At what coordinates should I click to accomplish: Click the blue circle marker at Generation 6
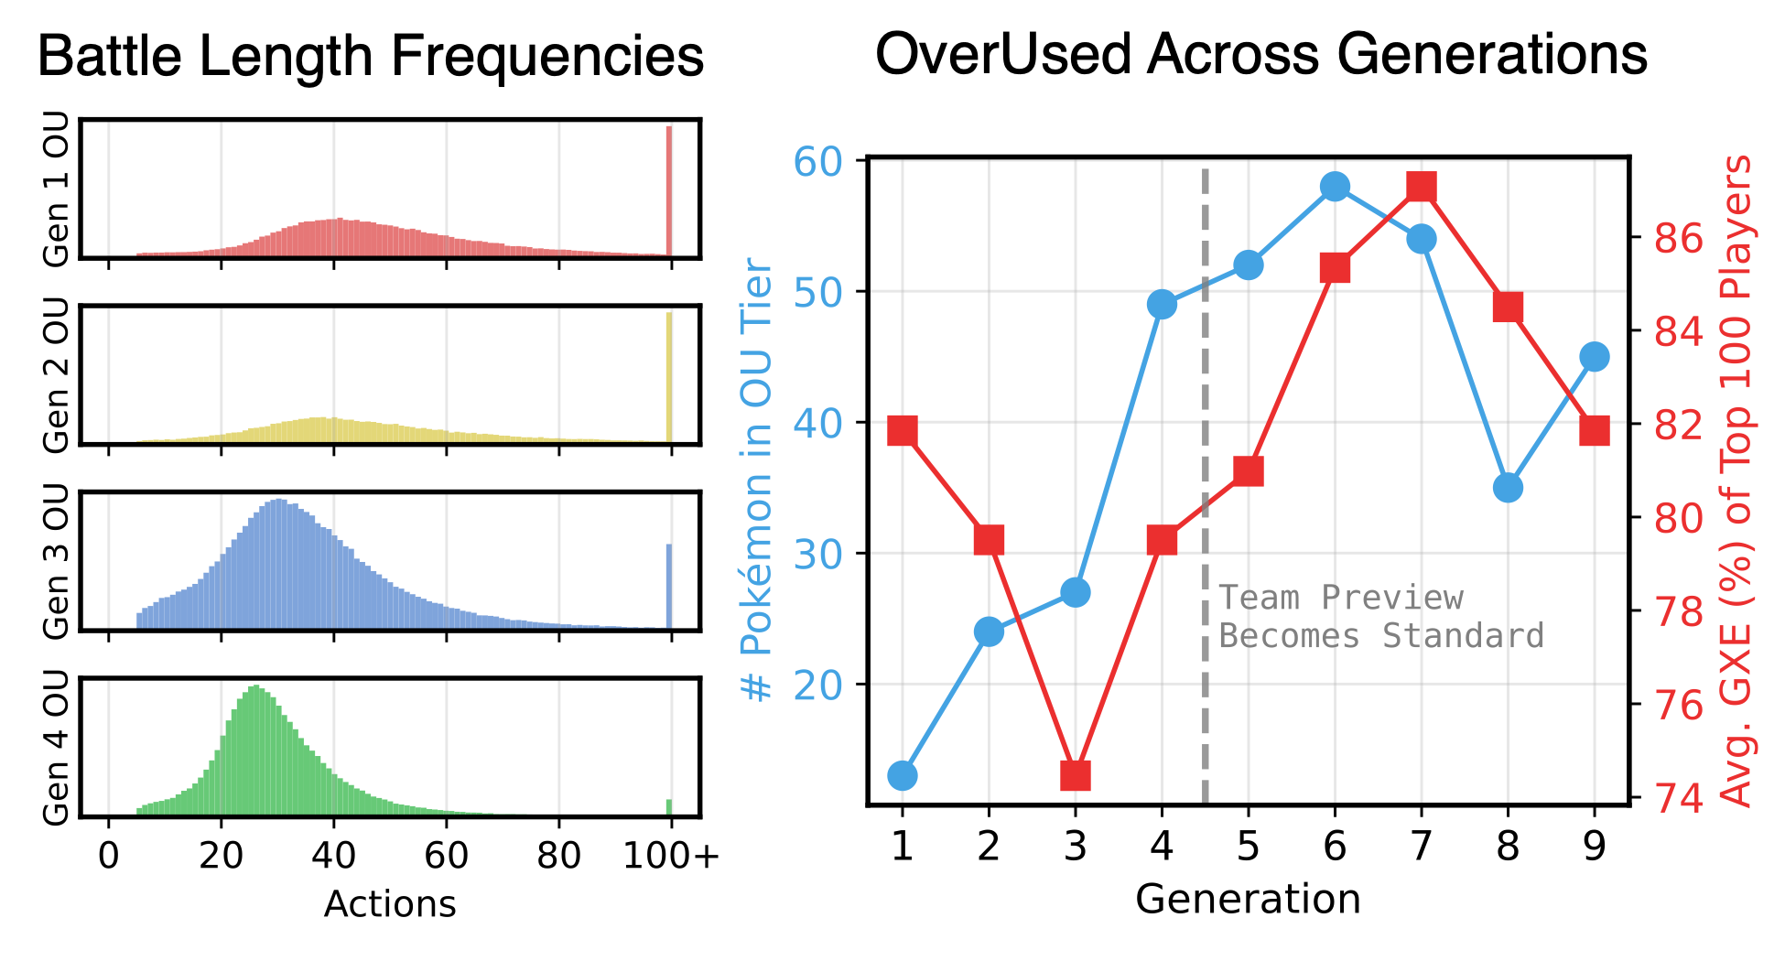[1335, 187]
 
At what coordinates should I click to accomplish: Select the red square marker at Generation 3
[1076, 775]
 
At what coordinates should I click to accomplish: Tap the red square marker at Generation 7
[1421, 187]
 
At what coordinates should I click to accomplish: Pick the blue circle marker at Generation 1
[902, 775]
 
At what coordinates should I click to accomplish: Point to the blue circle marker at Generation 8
[1508, 488]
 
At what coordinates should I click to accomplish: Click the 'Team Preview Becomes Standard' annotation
[1380, 617]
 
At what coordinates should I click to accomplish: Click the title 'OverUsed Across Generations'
[1260, 55]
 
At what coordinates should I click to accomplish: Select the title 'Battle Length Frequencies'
[371, 57]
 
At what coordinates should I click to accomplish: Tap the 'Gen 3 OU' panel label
[57, 561]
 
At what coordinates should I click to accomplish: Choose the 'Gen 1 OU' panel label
[57, 189]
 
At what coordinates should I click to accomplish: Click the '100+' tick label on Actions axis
[671, 856]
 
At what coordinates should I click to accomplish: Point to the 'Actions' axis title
[390, 904]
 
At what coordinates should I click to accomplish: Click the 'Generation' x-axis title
[1248, 900]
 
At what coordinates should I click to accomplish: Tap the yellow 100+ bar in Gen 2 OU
[669, 377]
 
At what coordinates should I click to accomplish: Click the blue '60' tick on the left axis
[817, 162]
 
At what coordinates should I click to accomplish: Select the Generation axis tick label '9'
[1594, 848]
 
